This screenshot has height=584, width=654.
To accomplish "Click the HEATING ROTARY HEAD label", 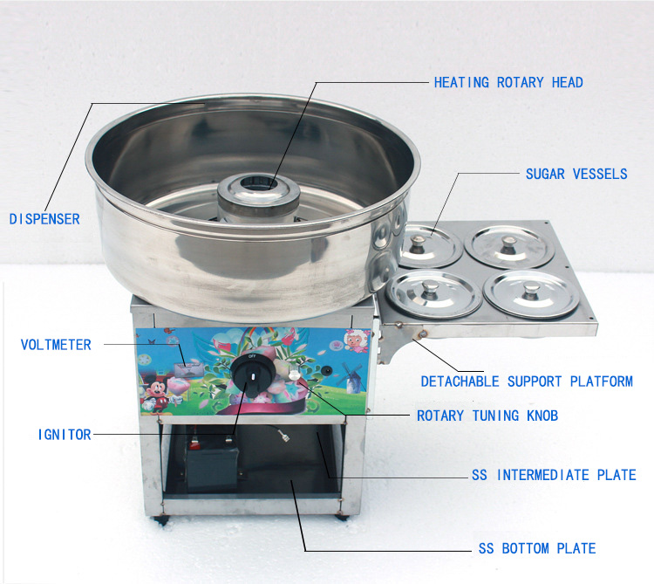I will [508, 82].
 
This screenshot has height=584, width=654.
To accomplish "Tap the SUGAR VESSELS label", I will [576, 174].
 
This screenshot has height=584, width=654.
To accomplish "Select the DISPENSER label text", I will [44, 219].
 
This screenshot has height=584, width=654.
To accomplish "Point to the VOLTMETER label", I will [56, 345].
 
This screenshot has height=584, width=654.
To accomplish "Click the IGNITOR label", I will [65, 434].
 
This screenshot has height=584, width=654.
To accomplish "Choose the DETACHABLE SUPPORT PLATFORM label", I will [527, 381].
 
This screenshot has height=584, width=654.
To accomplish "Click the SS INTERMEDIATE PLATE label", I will [554, 476].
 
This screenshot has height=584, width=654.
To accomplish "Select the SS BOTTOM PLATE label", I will [537, 548].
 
